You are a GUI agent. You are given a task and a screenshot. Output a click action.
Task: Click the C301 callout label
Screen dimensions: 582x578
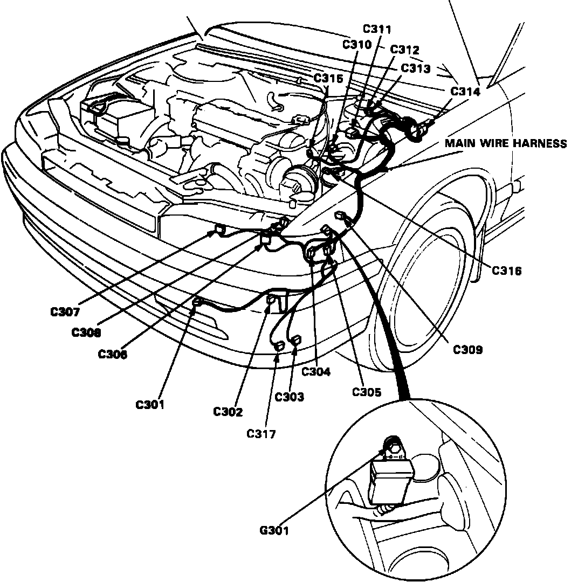click(150, 405)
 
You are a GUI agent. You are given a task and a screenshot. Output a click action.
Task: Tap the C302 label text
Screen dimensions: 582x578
click(228, 412)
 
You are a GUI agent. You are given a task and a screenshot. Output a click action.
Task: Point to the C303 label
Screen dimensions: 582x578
click(290, 397)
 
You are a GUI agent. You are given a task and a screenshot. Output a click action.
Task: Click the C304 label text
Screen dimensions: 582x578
click(316, 371)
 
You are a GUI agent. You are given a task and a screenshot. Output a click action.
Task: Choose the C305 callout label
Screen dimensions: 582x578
click(367, 392)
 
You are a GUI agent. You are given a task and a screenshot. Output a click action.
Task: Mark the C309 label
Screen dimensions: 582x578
click(467, 350)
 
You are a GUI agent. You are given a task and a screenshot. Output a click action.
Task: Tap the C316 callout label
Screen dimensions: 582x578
click(507, 270)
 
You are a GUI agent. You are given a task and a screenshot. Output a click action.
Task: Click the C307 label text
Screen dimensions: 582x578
click(65, 311)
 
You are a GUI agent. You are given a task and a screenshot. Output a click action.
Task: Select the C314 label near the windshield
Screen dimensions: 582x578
click(465, 91)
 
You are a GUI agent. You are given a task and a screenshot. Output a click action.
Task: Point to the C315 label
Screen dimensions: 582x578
click(328, 79)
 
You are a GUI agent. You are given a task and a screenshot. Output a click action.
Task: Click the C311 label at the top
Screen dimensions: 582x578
click(377, 29)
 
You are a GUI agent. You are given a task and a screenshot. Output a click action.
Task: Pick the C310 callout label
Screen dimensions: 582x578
click(357, 45)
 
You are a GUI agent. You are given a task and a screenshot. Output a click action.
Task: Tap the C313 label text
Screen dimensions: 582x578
click(416, 68)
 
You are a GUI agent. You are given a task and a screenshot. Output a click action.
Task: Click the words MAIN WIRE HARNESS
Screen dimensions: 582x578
click(506, 143)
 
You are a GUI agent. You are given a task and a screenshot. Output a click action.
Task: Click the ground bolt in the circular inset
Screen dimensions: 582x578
click(392, 447)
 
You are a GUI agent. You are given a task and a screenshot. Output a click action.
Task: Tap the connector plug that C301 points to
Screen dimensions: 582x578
click(197, 303)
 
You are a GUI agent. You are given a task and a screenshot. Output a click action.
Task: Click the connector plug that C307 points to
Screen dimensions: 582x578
click(219, 230)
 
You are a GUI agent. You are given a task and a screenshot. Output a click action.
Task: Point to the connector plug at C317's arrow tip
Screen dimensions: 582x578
click(280, 345)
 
